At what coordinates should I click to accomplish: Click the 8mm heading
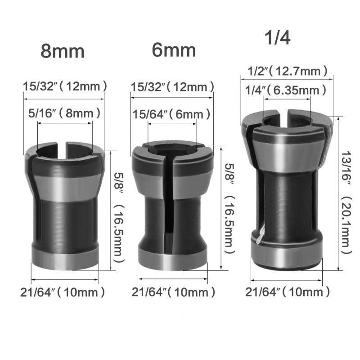pyautogui.click(x=63, y=51)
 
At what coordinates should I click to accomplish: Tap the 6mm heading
pyautogui.click(x=174, y=50)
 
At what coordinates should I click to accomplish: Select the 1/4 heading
pyautogui.click(x=277, y=38)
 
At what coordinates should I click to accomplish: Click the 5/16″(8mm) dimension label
pyautogui.click(x=64, y=113)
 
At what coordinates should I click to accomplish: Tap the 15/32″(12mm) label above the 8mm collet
pyautogui.click(x=65, y=85)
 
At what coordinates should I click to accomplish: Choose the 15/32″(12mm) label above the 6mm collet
pyautogui.click(x=172, y=86)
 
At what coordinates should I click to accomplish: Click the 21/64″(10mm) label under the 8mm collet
pyautogui.click(x=63, y=292)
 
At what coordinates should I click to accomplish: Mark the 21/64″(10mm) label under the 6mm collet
pyautogui.click(x=173, y=292)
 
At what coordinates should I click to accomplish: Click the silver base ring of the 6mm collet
pyautogui.click(x=172, y=260)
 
